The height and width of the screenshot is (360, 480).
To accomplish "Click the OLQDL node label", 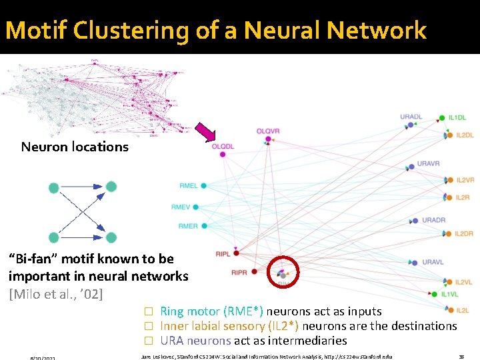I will [223, 147].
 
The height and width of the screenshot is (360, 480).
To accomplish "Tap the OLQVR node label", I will [268, 131].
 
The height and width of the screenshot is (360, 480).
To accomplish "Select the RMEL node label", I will [189, 186].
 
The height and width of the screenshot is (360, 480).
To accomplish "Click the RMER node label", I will [188, 226].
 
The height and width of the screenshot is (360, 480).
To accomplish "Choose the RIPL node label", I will [223, 254].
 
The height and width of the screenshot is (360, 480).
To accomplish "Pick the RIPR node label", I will [239, 273].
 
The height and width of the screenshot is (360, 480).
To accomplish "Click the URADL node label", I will [411, 117].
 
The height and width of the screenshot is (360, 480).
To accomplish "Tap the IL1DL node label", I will [457, 118].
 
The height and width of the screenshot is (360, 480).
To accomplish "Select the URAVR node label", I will [429, 163].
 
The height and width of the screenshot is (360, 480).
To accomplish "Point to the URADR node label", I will [433, 220].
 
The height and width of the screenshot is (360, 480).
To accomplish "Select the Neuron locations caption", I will [75, 147].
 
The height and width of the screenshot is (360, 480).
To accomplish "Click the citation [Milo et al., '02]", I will [56, 293].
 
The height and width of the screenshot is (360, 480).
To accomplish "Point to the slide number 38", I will [461, 356].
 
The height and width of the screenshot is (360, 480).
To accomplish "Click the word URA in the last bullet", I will [171, 341].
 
